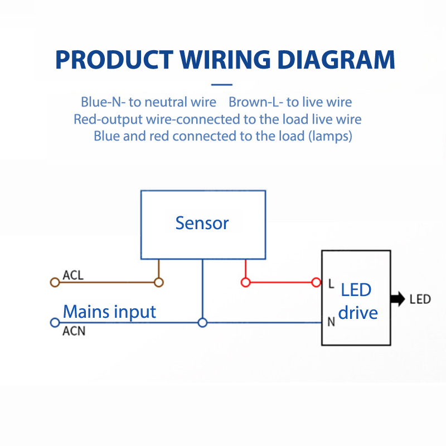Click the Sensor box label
[x=202, y=223]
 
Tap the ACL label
[x=74, y=275]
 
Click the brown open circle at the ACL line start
[x=55, y=282]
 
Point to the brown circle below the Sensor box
[x=159, y=282]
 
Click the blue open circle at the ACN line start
[x=55, y=322]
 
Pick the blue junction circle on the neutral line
[x=202, y=322]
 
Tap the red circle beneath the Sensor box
[x=245, y=282]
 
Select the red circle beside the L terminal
[x=317, y=282]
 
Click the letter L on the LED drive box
[x=331, y=284]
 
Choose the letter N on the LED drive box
[x=331, y=322]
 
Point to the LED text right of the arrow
[x=420, y=299]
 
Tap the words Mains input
[x=109, y=311]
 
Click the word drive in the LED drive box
[x=358, y=312]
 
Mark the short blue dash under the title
[x=222, y=85]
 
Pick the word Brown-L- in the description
[x=256, y=102]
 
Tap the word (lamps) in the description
[x=330, y=135]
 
